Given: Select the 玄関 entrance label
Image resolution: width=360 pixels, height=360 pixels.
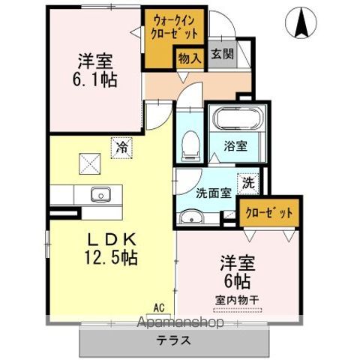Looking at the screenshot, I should [220, 54].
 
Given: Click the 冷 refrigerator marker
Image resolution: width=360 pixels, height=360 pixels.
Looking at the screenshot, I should [121, 148].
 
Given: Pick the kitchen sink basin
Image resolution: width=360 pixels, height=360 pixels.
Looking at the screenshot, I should [100, 195].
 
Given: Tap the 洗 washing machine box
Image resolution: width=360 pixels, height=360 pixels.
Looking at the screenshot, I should [246, 181].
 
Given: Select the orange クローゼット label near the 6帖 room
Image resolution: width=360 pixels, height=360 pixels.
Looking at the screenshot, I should [269, 212].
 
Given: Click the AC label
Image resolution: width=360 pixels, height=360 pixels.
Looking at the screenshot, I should [159, 307].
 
